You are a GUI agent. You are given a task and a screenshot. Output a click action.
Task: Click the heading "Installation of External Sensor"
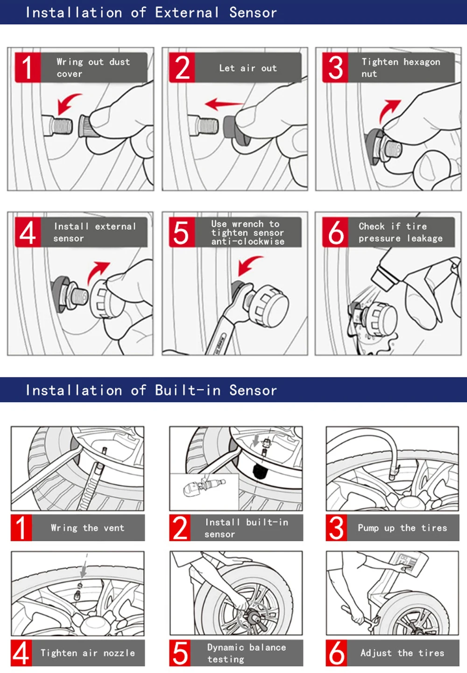tap(151, 13)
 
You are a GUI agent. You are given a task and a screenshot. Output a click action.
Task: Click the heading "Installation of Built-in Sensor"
tap(151, 390)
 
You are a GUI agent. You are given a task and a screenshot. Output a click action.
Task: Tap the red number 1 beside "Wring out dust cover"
tap(28, 68)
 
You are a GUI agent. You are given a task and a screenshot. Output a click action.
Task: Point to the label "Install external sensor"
tap(94, 232)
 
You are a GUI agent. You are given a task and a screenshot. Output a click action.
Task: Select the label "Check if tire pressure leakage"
tap(400, 232)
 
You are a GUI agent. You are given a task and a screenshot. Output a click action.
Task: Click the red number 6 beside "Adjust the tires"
tap(336, 653)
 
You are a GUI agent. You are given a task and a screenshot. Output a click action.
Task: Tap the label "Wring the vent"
tap(87, 528)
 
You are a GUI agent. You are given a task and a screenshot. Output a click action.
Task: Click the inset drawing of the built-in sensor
tap(204, 488)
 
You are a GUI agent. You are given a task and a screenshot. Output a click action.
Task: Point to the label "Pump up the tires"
tap(402, 528)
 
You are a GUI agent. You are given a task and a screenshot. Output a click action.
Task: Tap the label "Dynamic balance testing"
tap(246, 653)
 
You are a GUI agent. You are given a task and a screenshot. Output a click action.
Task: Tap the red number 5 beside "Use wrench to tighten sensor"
tap(181, 232)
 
